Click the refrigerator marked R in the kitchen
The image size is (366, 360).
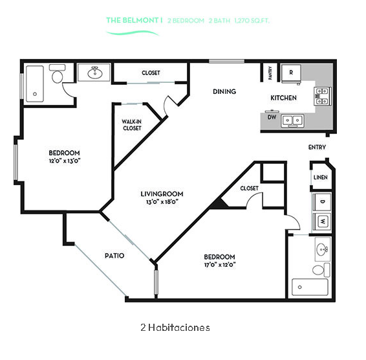click(x=291, y=73)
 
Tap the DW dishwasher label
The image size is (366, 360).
click(x=272, y=117)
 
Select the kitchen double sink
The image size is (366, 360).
click(x=292, y=120)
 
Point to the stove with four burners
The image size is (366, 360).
click(x=322, y=96)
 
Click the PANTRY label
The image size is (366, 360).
click(x=270, y=73)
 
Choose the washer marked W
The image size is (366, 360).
click(x=322, y=221)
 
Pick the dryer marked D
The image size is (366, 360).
click(x=322, y=202)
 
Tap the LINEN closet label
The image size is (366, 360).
click(x=321, y=177)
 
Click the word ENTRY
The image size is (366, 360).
click(x=317, y=147)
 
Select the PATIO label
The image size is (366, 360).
click(x=114, y=256)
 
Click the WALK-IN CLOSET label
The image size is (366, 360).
click(x=132, y=125)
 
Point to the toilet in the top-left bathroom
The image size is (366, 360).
click(x=57, y=74)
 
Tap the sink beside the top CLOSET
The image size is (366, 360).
click(x=95, y=73)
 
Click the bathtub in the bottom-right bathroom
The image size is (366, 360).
click(x=310, y=287)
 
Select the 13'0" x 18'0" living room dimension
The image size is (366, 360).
click(x=162, y=202)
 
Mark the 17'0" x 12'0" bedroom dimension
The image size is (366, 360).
click(x=220, y=265)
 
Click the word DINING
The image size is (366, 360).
click(x=224, y=91)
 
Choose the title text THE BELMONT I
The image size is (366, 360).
click(x=135, y=20)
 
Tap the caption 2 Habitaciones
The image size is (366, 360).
click(x=175, y=328)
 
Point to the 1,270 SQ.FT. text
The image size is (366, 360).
click(x=252, y=21)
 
